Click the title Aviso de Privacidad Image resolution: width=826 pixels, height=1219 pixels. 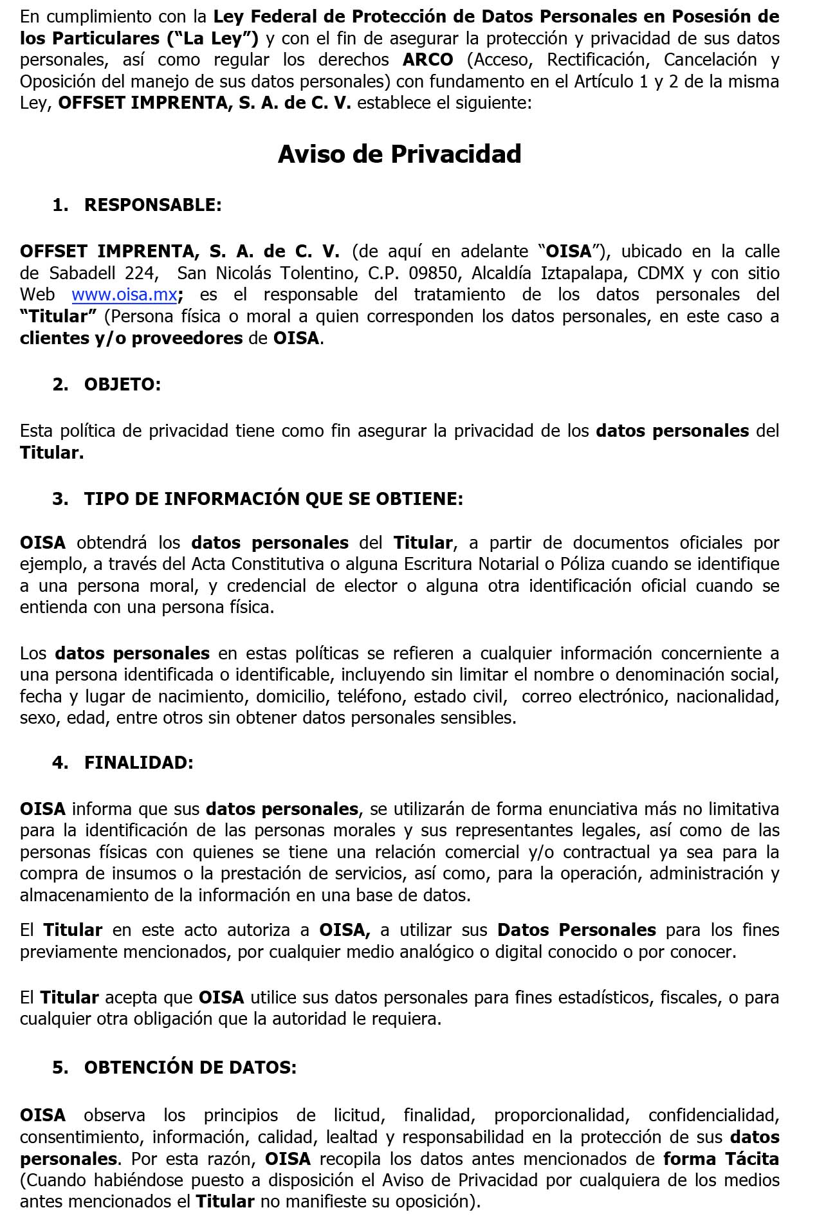coord(399,154)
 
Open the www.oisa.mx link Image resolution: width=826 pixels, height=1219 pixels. coord(124,295)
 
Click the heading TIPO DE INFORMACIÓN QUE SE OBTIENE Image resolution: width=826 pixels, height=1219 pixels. coord(273,499)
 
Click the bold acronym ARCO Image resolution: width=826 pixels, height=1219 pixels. coord(428,60)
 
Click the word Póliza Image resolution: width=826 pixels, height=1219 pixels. coord(570,564)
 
